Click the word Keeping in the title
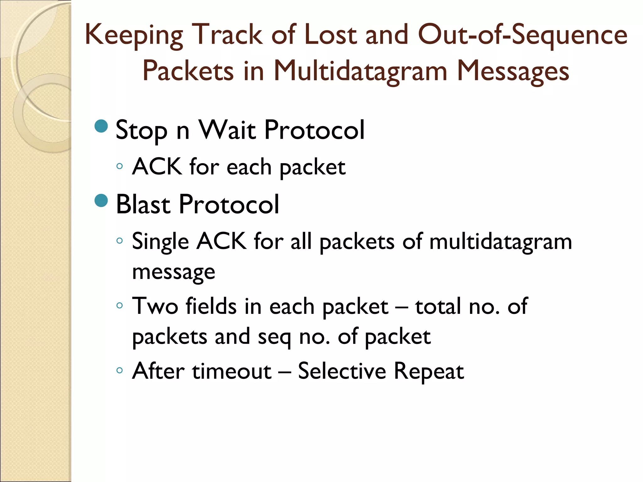[x=134, y=35]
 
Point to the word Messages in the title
[x=513, y=72]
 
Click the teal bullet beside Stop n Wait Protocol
[x=101, y=126]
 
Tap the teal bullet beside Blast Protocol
[x=101, y=201]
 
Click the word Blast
[x=143, y=204]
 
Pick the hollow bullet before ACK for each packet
[x=119, y=166]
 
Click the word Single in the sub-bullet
[x=160, y=242]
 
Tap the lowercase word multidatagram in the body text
[x=500, y=242]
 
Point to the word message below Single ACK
[x=173, y=271]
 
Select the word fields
[x=211, y=306]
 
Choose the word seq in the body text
[x=274, y=337]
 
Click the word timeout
[x=232, y=371]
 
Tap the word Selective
[x=342, y=371]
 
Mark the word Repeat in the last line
[x=429, y=372]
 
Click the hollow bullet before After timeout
[x=119, y=370]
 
